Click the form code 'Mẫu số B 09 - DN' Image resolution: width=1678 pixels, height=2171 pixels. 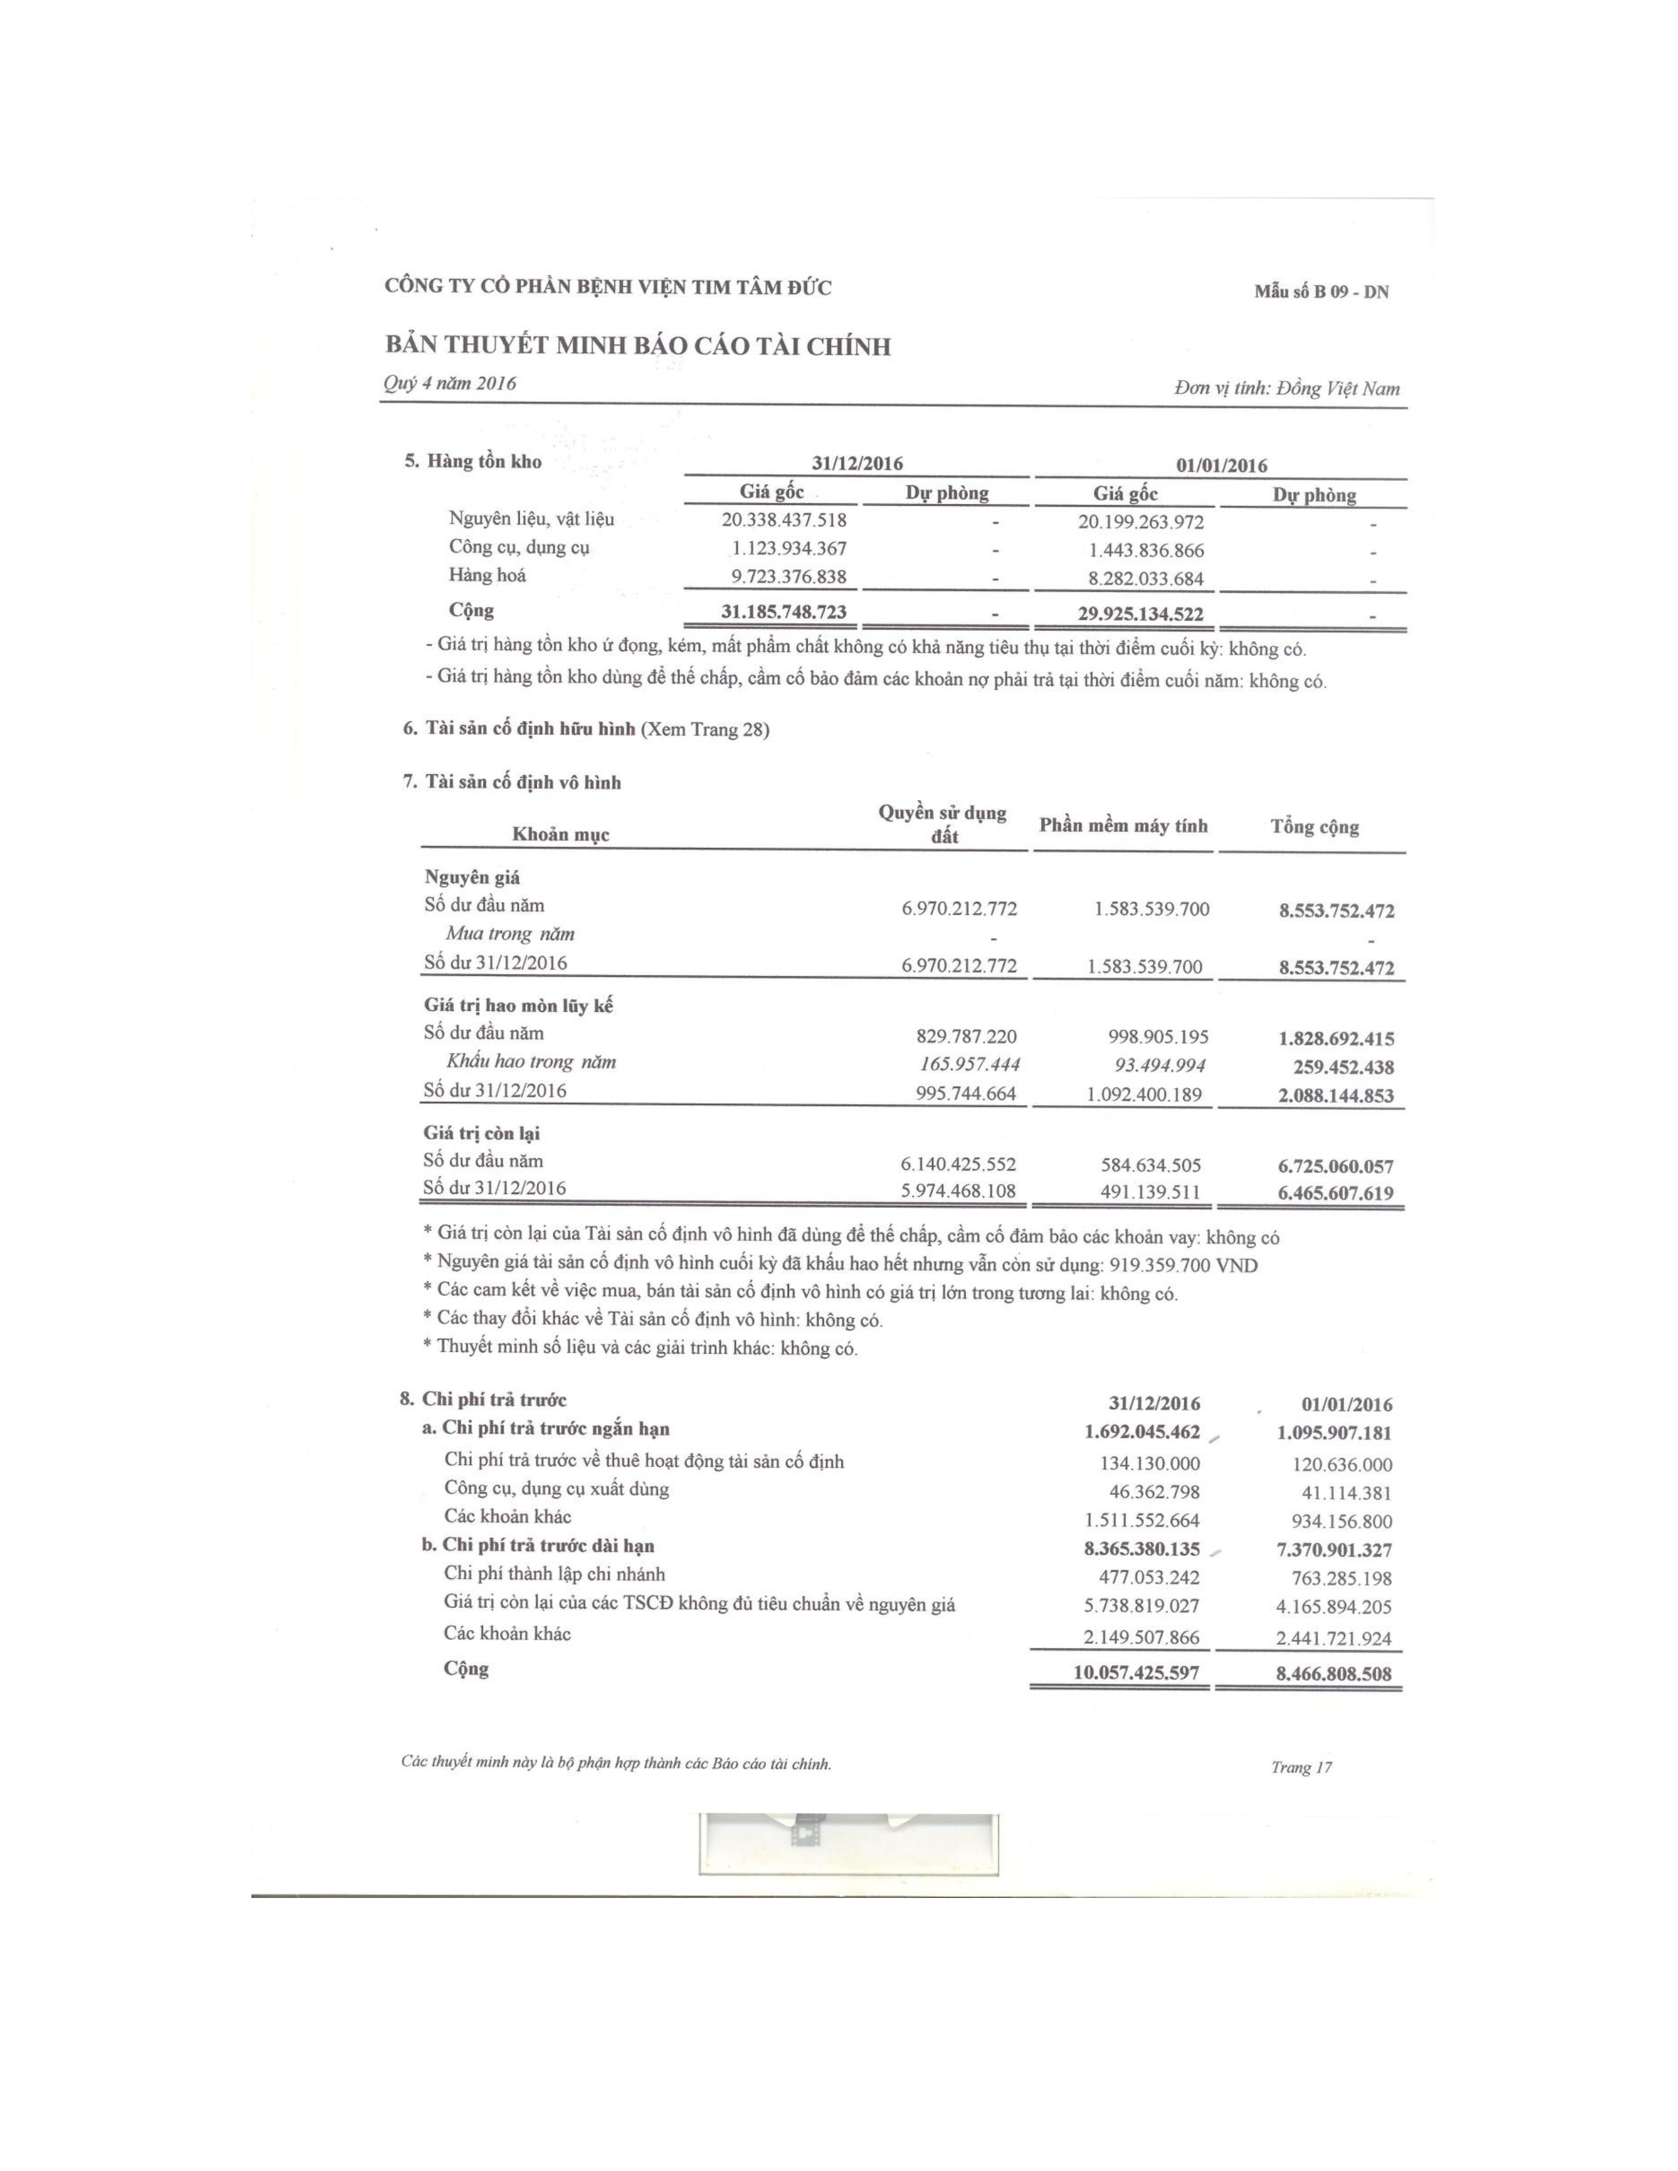pyautogui.click(x=1321, y=291)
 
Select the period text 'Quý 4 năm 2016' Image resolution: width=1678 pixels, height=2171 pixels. pyautogui.click(x=449, y=384)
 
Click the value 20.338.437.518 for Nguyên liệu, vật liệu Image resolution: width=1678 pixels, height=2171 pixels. pyautogui.click(x=784, y=519)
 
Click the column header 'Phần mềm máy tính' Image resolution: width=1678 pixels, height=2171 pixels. pyautogui.click(x=1123, y=826)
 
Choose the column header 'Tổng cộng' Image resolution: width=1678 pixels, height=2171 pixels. pyautogui.click(x=1314, y=827)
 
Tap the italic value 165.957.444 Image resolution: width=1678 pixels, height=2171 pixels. pyautogui.click(x=970, y=1064)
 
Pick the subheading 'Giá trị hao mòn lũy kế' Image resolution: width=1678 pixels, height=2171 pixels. pyautogui.click(x=519, y=1005)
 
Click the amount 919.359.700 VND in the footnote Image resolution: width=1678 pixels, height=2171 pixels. pyautogui.click(x=1183, y=1265)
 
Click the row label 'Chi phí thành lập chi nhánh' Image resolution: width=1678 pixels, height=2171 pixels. pyautogui.click(x=555, y=1574)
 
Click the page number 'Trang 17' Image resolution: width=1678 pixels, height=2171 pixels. pyautogui.click(x=1300, y=1766)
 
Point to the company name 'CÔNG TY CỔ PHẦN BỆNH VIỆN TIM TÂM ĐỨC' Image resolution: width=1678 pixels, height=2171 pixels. pyautogui.click(x=609, y=288)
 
